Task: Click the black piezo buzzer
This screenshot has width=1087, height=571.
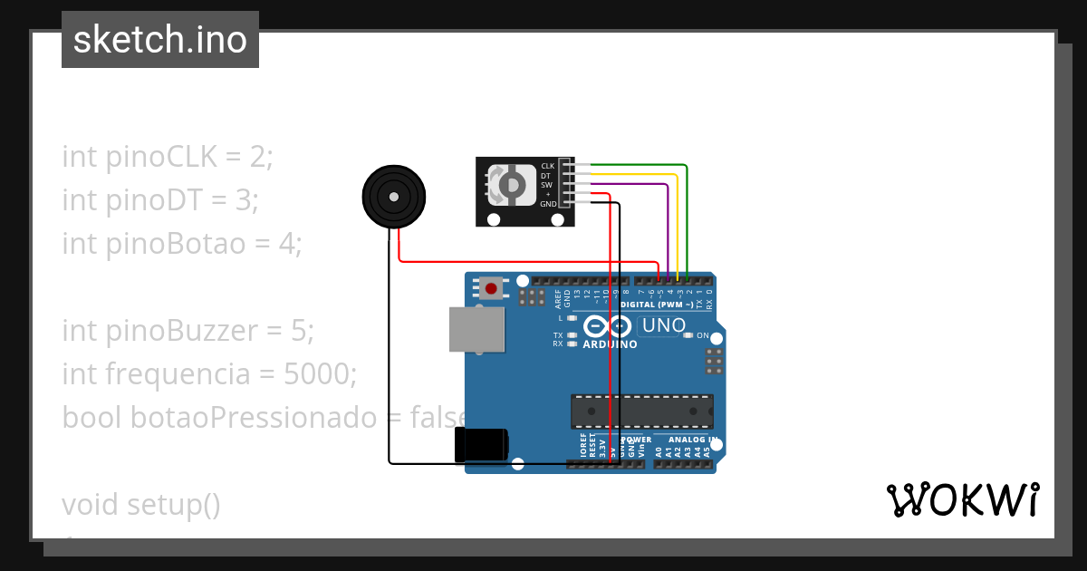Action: coord(393,196)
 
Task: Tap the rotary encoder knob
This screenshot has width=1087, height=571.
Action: coord(512,185)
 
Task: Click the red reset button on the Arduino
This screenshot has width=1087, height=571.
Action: coord(491,289)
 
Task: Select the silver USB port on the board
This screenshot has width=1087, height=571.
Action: coord(477,328)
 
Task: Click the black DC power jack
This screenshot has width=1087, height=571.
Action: coord(481,444)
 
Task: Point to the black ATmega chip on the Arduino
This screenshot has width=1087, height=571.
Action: coord(641,411)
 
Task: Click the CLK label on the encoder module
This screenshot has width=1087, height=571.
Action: coord(547,166)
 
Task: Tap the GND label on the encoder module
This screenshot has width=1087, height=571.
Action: coord(548,205)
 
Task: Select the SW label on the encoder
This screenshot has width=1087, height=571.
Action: coord(546,185)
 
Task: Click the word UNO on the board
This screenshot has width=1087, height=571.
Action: coord(662,325)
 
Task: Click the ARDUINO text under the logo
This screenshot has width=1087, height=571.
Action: coord(610,344)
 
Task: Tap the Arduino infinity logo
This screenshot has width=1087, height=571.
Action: coord(607,326)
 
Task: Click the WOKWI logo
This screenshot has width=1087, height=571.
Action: coord(962,499)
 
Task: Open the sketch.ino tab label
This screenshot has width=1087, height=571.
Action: coord(160,40)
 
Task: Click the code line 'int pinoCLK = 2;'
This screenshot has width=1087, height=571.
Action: coord(168,157)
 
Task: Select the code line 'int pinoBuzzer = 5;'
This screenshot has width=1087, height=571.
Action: coord(188,331)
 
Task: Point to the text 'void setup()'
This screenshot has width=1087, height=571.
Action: coord(141,504)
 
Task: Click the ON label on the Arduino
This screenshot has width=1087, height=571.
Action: coord(702,335)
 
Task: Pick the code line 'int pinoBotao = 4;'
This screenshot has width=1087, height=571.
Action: coord(181,244)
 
